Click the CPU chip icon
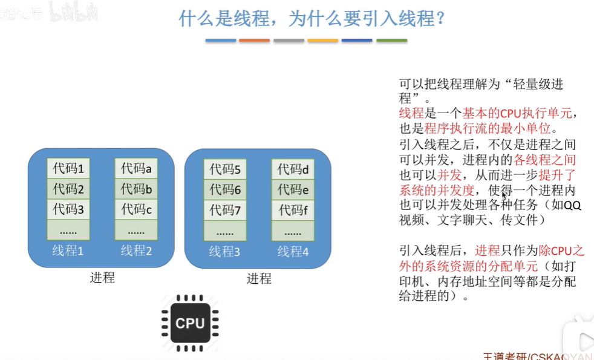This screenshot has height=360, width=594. pyautogui.click(x=190, y=322)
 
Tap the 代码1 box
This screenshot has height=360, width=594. pyautogui.click(x=68, y=169)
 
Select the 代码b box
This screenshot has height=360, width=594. pyautogui.click(x=136, y=189)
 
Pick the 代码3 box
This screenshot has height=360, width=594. pyautogui.click(x=68, y=209)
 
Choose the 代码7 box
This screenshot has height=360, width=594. pyautogui.click(x=225, y=211)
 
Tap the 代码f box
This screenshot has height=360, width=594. pyautogui.click(x=293, y=211)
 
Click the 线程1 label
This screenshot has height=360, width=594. pyautogui.click(x=68, y=250)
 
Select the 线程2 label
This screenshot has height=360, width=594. pyautogui.click(x=136, y=250)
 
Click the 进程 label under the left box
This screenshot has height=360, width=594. pyautogui.click(x=102, y=278)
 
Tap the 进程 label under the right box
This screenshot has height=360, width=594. pyautogui.click(x=259, y=279)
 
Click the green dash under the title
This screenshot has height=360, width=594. pyautogui.click(x=391, y=41)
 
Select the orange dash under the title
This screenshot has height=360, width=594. pyautogui.click(x=254, y=41)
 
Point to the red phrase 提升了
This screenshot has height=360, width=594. pyautogui.click(x=555, y=176)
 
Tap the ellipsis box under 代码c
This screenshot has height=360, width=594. pyautogui.click(x=136, y=231)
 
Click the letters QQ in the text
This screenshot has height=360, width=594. pyautogui.click(x=572, y=206)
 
